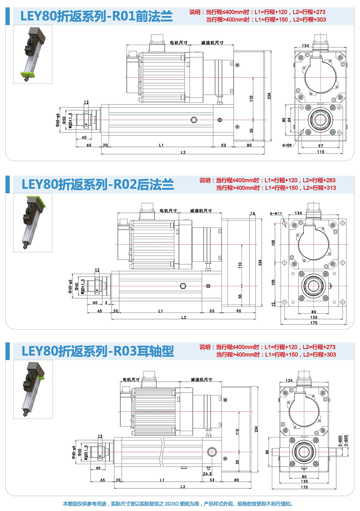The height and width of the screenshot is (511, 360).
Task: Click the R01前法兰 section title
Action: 96,16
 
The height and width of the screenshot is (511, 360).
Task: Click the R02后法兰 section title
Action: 98,184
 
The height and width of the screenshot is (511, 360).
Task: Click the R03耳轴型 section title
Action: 98,351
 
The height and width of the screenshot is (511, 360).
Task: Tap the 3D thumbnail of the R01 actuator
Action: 33,54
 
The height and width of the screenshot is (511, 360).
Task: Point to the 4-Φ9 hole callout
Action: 287,145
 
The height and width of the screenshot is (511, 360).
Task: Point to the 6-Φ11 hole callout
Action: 276,214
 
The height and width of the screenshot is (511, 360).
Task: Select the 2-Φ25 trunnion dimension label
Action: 346,441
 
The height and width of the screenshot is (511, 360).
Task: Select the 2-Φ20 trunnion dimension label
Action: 340,441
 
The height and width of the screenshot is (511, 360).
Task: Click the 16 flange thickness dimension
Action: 252,214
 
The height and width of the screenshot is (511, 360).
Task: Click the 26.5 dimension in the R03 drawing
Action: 207,474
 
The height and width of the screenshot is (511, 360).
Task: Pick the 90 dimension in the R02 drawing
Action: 239,311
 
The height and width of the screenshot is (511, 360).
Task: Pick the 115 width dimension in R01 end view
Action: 321,152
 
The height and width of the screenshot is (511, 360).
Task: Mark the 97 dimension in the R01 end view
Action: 321,146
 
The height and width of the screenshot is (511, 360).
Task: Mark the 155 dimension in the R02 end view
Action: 314,317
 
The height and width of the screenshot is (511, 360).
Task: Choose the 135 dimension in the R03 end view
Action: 305,481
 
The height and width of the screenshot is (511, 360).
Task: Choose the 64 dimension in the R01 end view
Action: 289,120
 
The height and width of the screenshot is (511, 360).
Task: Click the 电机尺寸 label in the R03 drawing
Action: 131,380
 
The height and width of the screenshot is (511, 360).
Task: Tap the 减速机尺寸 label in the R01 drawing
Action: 212,43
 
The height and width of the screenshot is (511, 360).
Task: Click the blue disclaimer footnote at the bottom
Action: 178,504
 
